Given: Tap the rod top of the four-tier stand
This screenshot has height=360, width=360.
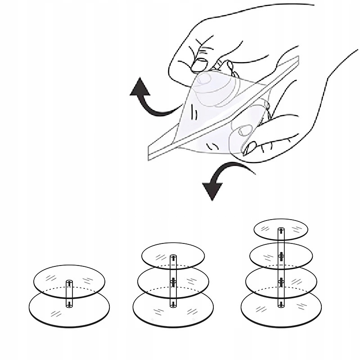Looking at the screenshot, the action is point(281,230).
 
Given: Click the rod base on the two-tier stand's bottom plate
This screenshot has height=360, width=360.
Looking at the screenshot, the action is point(69,305).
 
